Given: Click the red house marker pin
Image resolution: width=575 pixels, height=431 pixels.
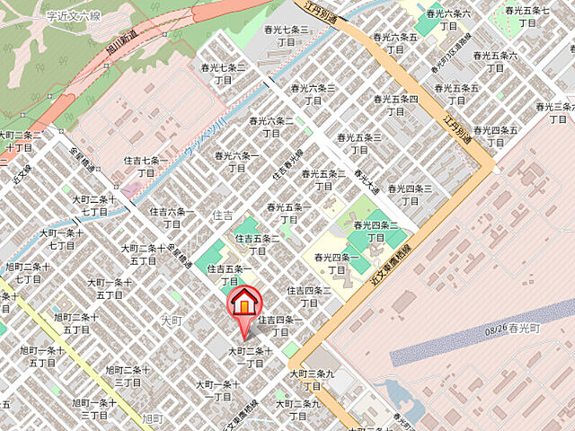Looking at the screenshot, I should (x=243, y=305).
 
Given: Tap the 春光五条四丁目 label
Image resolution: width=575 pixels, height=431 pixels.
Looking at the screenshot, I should (x=395, y=105).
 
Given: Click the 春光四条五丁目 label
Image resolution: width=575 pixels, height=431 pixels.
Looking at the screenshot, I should (x=498, y=136).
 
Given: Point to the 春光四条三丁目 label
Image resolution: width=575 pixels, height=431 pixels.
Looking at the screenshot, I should (x=411, y=194).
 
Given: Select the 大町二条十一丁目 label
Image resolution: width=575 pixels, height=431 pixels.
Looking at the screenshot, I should (x=250, y=356).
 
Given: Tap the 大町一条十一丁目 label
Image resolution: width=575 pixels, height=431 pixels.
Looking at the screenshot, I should (x=217, y=391).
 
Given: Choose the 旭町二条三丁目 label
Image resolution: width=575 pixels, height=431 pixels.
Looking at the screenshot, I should (x=127, y=376).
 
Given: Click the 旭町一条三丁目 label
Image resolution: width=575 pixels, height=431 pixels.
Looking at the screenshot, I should (x=93, y=409).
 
